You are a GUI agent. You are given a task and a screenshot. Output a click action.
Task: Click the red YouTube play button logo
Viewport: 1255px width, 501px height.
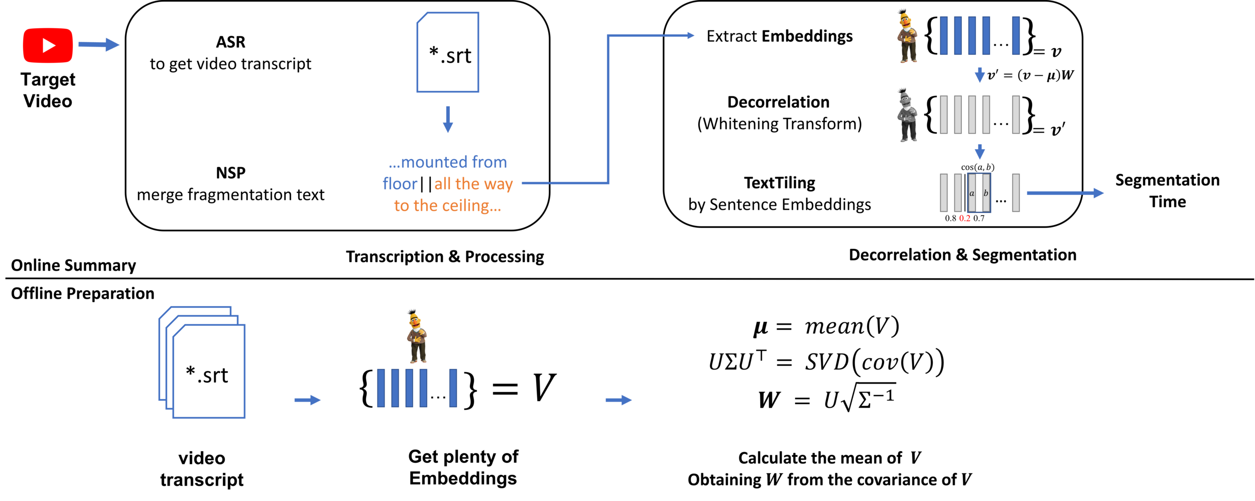[48, 45]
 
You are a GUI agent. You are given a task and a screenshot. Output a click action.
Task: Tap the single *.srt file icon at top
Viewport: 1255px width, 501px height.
[448, 53]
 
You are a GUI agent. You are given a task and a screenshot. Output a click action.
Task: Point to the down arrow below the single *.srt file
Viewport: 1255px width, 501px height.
[448, 119]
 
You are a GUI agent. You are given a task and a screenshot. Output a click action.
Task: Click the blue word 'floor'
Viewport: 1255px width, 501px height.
[400, 184]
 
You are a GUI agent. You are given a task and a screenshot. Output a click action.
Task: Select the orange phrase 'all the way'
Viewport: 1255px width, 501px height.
[473, 184]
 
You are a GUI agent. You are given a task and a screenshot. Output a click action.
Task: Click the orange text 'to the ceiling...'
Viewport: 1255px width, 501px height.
[447, 205]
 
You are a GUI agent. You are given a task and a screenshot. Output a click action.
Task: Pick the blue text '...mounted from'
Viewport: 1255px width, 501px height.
[448, 162]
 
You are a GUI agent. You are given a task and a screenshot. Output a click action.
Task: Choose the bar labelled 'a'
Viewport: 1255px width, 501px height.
[972, 193]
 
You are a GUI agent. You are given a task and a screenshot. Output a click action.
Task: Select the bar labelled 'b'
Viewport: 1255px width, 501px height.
[986, 193]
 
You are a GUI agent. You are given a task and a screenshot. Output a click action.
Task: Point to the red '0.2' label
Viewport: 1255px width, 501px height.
[965, 218]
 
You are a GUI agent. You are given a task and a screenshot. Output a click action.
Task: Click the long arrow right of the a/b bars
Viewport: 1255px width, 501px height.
[1065, 193]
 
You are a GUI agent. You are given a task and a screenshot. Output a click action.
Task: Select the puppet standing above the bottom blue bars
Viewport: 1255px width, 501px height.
[416, 336]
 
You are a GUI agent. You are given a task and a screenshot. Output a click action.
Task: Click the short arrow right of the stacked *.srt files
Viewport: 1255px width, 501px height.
[307, 400]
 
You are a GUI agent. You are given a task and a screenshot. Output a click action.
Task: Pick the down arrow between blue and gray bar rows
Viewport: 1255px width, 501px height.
[979, 75]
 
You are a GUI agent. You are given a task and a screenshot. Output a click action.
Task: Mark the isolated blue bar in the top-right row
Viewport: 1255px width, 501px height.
[1016, 35]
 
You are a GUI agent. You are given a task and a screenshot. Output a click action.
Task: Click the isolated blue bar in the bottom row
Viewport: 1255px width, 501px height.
[453, 388]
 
